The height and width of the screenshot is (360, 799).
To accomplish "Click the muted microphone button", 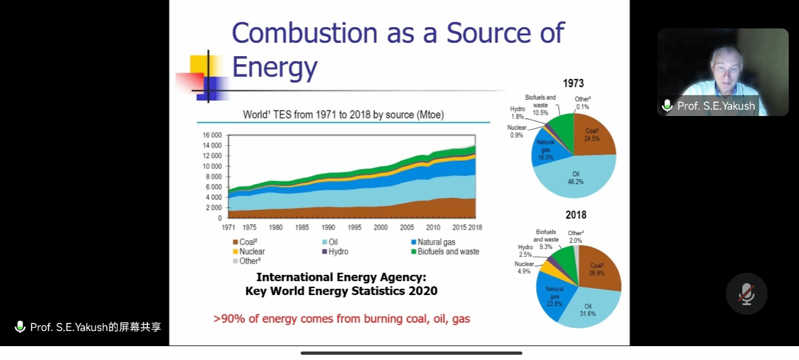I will pyautogui.click(x=746, y=294).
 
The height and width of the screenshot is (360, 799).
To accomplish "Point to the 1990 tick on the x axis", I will pyautogui.click(x=328, y=227).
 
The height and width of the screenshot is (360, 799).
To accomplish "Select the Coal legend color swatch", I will pyautogui.click(x=235, y=242).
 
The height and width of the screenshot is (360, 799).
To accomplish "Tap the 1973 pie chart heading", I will pyautogui.click(x=573, y=83).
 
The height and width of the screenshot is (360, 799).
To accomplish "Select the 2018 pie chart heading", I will pyautogui.click(x=575, y=215).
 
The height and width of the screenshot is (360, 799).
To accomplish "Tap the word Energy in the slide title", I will pyautogui.click(x=274, y=66).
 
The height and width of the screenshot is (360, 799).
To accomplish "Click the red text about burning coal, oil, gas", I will pyautogui.click(x=342, y=318).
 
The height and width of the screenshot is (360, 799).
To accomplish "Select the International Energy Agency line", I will pyautogui.click(x=341, y=277).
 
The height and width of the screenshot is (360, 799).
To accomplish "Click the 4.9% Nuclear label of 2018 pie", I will pyautogui.click(x=524, y=267).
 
